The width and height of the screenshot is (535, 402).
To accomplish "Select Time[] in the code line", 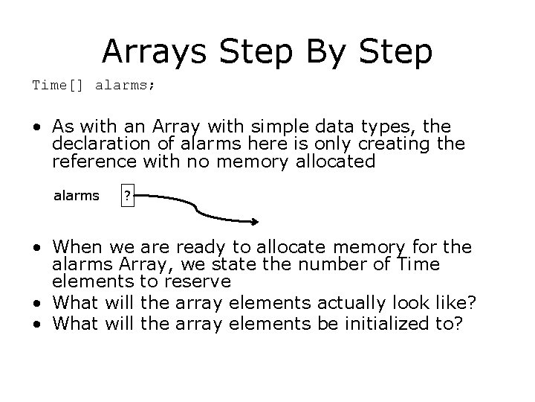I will (x=59, y=85).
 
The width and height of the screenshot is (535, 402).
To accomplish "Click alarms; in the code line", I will (x=125, y=85).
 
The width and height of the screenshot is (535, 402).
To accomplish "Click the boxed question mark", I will (x=128, y=197).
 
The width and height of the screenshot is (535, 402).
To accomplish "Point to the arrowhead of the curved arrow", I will (x=255, y=220).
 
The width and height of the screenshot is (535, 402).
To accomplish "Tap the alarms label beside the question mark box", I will (x=76, y=197).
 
